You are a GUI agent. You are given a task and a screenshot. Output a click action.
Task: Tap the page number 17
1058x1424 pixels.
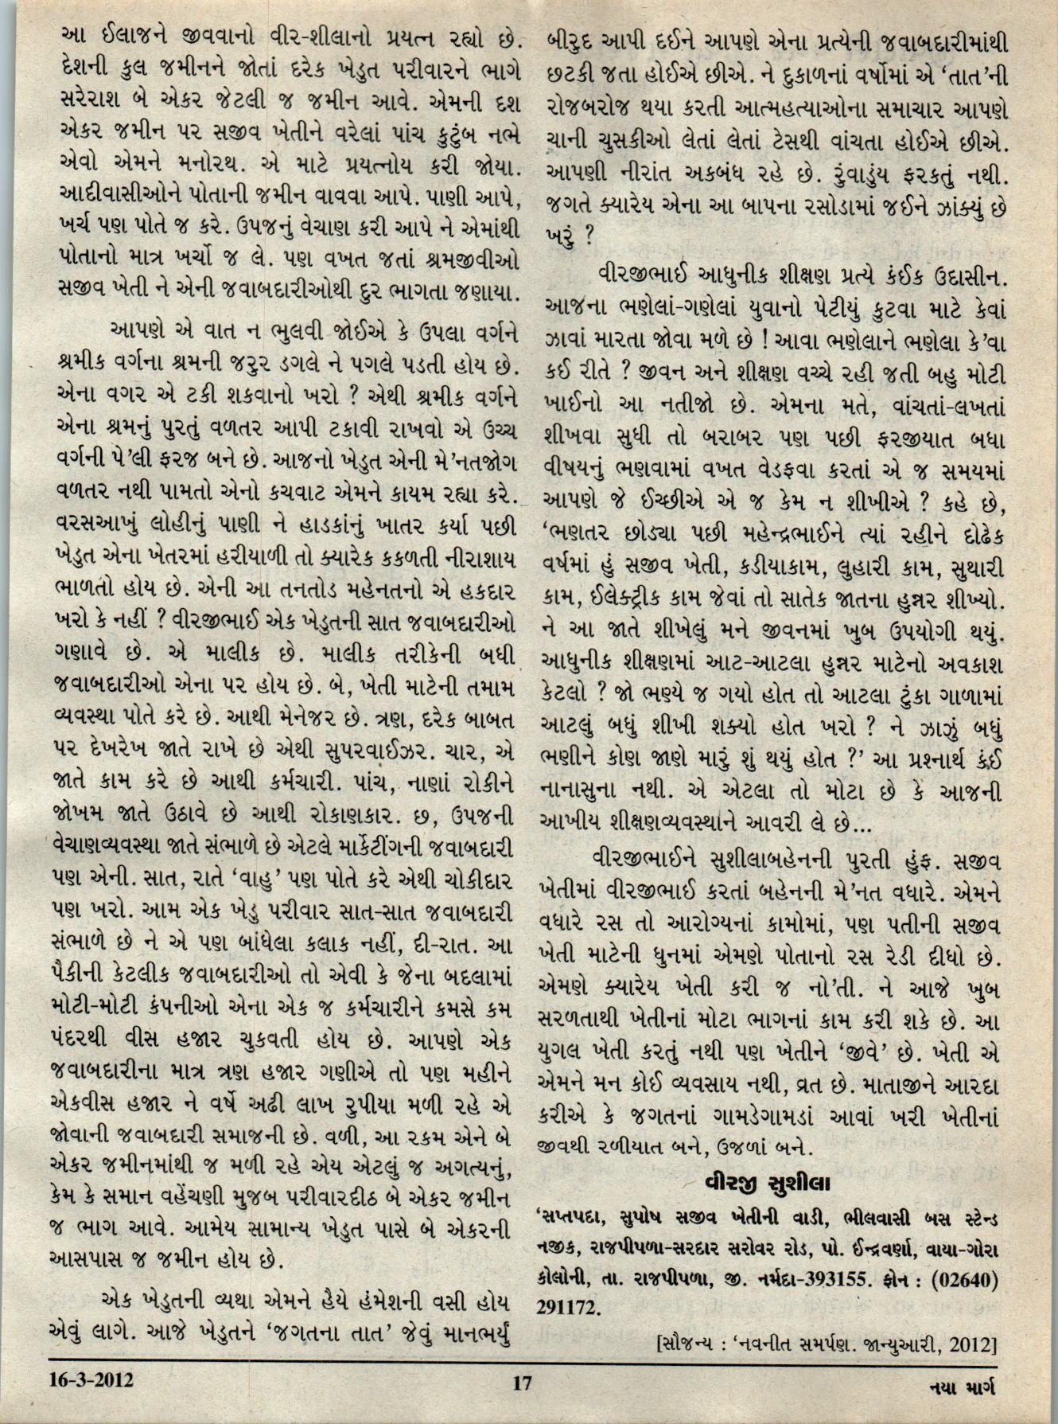click(521, 1383)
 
